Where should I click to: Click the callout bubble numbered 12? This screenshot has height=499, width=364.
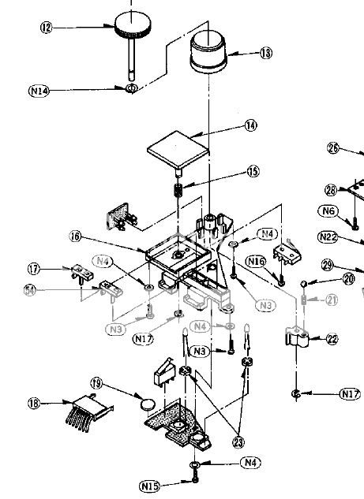(46, 28)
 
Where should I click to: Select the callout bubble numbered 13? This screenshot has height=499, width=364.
(265, 54)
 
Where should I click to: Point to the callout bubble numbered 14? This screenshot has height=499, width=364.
(251, 125)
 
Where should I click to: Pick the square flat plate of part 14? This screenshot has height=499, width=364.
(178, 148)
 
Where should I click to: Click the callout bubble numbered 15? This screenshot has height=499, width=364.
(252, 170)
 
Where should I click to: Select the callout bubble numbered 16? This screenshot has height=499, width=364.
(75, 236)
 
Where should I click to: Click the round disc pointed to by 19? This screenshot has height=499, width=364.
(146, 404)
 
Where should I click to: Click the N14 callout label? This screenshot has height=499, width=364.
(39, 91)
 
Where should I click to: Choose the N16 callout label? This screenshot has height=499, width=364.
(254, 260)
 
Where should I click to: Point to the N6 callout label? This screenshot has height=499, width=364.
(328, 210)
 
